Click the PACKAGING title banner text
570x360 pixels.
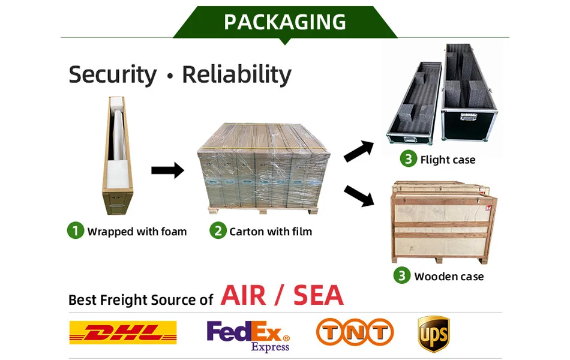pyautogui.click(x=285, y=22)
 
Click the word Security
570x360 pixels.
pyautogui.click(x=112, y=75)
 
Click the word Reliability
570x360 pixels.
pyautogui.click(x=236, y=75)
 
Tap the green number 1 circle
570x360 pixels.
pyautogui.click(x=75, y=230)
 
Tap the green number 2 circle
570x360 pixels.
pyautogui.click(x=217, y=230)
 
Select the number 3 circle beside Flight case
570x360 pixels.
pyautogui.click(x=408, y=159)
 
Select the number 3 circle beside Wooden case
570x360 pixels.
pyautogui.click(x=402, y=275)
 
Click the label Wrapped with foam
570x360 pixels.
pyautogui.click(x=137, y=231)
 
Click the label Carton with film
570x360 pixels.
pyautogui.click(x=271, y=231)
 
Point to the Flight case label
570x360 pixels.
pyautogui.click(x=448, y=160)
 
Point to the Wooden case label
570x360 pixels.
pyautogui.click(x=449, y=276)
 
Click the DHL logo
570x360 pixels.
pyautogui.click(x=123, y=332)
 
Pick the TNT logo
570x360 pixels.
pyautogui.click(x=355, y=332)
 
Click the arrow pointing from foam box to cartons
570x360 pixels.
pyautogui.click(x=167, y=171)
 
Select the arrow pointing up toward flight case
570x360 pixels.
pyautogui.click(x=358, y=152)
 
